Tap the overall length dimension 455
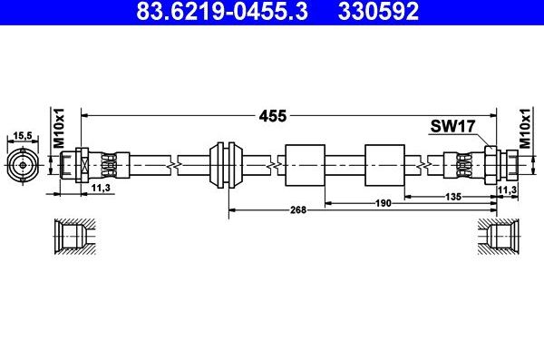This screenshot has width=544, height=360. [x=273, y=115]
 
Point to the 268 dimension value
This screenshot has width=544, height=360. [x=299, y=209]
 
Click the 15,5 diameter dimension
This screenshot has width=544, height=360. [x=22, y=136]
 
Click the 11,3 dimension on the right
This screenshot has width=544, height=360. [x=510, y=188]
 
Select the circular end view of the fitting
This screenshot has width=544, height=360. [x=22, y=165]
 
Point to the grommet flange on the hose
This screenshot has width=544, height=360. [x=222, y=165]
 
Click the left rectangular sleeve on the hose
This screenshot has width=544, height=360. [x=304, y=165]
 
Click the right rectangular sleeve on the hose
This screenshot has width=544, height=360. [x=384, y=165]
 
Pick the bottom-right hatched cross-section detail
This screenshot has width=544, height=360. [x=496, y=238]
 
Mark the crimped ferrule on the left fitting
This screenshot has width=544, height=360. [x=107, y=165]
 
